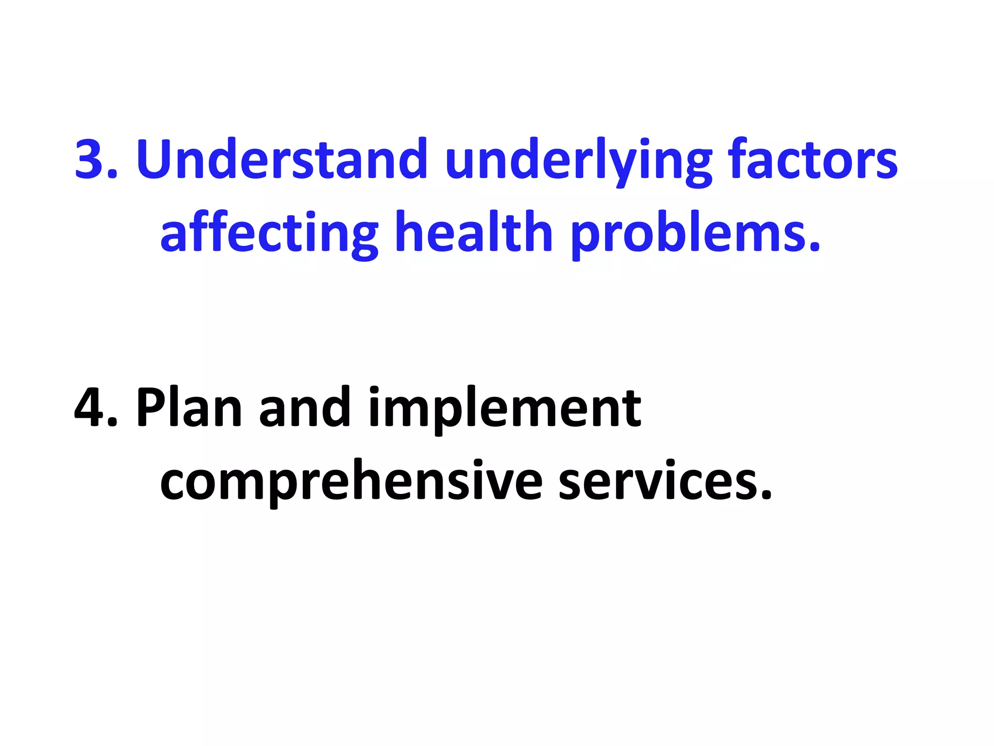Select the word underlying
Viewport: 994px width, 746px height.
[x=578, y=160]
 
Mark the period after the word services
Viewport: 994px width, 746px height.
[x=766, y=495]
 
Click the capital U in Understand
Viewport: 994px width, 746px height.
[x=158, y=159]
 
